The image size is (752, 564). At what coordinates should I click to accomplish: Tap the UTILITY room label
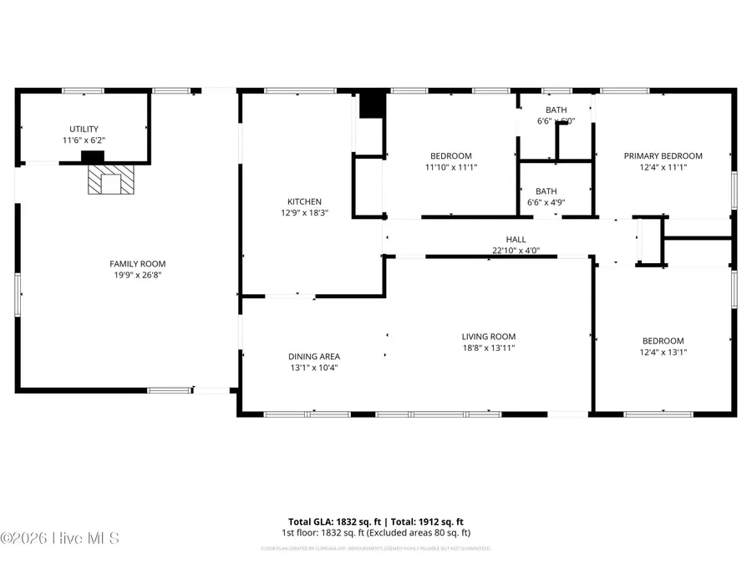pos(84,130)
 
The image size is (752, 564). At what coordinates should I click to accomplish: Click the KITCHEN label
pos(304,202)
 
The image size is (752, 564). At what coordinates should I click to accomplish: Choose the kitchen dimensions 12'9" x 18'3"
pos(304,213)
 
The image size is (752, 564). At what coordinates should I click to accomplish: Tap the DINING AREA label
pos(314,357)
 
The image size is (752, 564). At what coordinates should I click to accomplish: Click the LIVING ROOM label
pos(489,337)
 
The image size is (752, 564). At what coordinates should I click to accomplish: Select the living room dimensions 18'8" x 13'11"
pos(489,348)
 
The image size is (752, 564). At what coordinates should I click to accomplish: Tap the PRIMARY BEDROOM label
pos(663,156)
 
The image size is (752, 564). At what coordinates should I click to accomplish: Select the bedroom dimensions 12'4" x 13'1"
pos(663,352)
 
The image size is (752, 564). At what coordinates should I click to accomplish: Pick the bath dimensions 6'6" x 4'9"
pos(546,202)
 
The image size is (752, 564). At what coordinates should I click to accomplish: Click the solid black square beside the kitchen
pos(371,106)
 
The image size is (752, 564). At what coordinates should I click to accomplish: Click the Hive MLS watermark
pos(60,538)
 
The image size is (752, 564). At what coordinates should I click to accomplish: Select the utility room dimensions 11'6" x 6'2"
pos(84,140)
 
